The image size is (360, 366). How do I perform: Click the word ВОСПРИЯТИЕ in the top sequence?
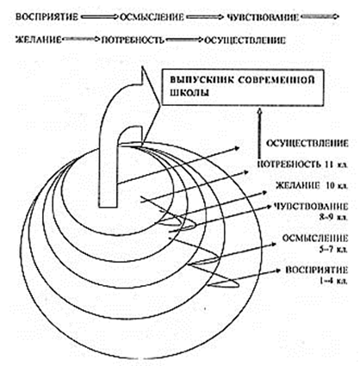click(47, 17)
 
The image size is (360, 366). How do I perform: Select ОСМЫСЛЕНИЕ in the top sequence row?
click(152, 17)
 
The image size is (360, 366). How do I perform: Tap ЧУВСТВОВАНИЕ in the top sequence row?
click(263, 17)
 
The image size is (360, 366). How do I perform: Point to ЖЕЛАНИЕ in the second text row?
click(39, 40)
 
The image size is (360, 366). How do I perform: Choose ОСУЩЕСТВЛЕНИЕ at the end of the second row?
click(245, 40)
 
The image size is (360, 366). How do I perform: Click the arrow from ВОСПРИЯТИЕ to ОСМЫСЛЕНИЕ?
click(98, 17)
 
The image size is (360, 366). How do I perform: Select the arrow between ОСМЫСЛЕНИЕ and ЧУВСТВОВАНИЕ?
click(204, 17)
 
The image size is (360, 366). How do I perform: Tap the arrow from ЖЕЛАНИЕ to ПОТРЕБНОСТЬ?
click(81, 40)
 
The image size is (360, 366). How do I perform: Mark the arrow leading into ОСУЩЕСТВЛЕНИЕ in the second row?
click(184, 40)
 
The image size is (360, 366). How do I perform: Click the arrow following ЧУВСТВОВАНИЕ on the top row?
click(320, 17)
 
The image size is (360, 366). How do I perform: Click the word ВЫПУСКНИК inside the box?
click(202, 79)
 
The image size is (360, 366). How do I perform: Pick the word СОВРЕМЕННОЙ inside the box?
click(276, 79)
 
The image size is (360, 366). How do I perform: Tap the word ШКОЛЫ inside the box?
click(189, 93)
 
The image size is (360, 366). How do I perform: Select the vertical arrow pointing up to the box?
click(259, 133)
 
